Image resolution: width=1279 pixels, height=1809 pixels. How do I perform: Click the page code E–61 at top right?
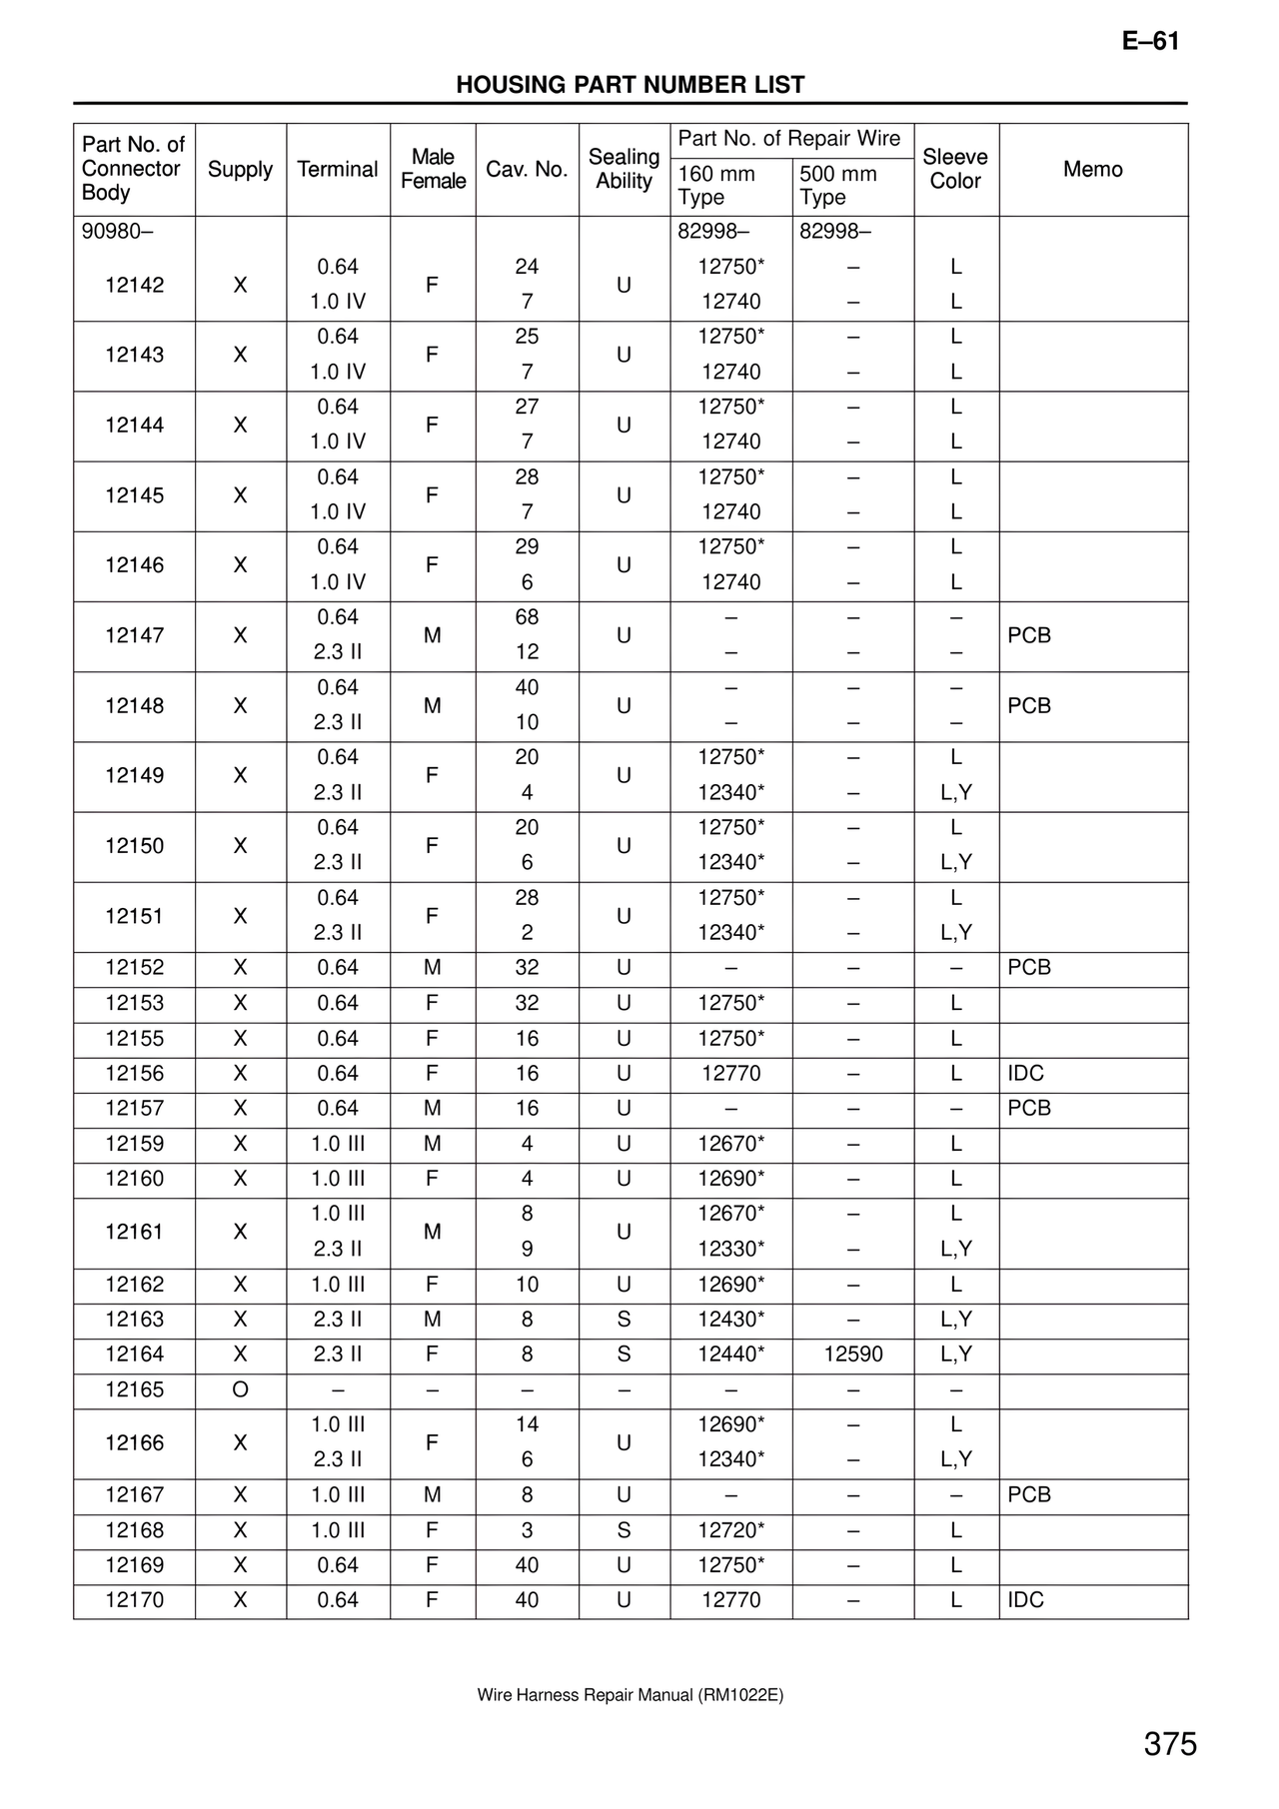1150,42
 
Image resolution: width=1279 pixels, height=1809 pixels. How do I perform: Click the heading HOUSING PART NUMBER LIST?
630,85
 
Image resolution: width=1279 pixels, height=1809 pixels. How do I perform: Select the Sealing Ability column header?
624,169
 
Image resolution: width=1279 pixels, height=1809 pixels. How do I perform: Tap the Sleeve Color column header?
955,169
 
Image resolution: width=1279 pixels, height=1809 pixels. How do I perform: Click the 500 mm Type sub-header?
838,186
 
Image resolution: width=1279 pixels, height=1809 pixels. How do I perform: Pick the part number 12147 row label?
134,635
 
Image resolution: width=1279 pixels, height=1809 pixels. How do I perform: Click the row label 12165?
134,1389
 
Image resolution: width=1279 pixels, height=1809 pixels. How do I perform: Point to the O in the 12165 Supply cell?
240,1389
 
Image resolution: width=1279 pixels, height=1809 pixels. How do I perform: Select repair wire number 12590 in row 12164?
852,1355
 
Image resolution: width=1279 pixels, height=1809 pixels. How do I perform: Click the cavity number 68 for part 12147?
527,617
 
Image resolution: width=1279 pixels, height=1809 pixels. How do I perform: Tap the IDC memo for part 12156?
1025,1074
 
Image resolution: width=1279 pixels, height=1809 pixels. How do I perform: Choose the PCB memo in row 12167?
1029,1495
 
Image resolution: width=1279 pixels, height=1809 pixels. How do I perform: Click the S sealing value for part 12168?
624,1530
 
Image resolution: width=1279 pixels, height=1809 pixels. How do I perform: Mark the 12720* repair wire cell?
731,1530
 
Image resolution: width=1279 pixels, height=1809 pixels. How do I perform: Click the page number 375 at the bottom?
1170,1744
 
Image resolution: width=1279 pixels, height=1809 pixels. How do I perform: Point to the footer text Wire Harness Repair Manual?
630,1695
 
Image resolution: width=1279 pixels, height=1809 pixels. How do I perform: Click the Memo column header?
1092,169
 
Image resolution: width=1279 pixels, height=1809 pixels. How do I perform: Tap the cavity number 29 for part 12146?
527,547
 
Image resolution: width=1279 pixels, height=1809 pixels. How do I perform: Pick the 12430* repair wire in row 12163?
731,1320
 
